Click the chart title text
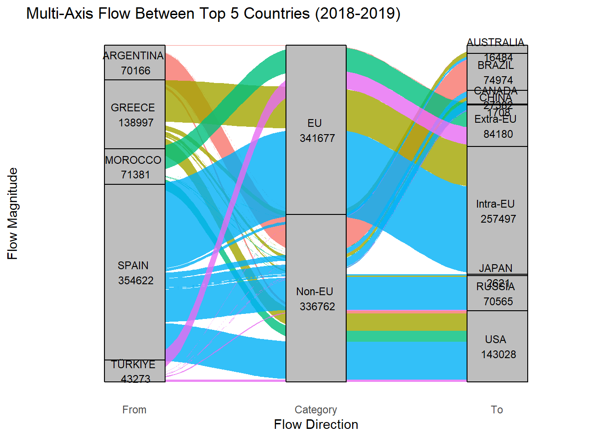[x=213, y=14]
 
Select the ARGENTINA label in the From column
[x=133, y=56]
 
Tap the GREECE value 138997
[x=136, y=123]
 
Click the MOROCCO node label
[x=133, y=160]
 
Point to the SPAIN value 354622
[x=136, y=281]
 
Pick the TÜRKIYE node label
[x=133, y=365]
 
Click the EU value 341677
[x=317, y=138]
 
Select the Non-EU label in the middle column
[x=315, y=292]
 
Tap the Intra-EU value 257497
[x=498, y=219]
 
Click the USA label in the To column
[x=496, y=339]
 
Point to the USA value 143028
[x=499, y=355]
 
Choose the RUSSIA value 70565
[x=498, y=302]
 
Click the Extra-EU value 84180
[x=498, y=134]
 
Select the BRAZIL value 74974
[x=498, y=80]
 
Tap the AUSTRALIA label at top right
[x=495, y=42]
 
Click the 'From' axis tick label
[x=135, y=410]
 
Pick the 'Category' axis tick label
[x=316, y=410]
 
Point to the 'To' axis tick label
[x=497, y=410]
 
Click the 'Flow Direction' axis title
[x=316, y=425]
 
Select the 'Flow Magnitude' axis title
[x=13, y=214]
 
